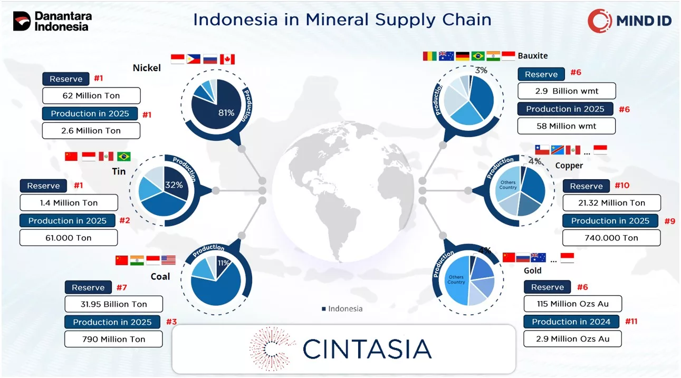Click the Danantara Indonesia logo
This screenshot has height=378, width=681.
(x=52, y=21)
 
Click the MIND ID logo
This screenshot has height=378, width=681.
(x=629, y=21)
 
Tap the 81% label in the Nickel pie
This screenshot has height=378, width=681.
(x=226, y=113)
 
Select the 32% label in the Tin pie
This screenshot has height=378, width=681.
(x=174, y=185)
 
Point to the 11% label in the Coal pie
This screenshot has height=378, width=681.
(x=224, y=263)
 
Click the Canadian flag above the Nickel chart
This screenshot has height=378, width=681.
(x=227, y=59)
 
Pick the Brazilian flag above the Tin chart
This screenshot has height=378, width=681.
(x=124, y=156)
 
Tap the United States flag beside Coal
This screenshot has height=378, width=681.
(x=168, y=260)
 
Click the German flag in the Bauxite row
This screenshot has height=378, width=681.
(x=463, y=56)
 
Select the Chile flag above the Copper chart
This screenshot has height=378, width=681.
(x=542, y=150)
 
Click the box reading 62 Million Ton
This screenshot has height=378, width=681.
(x=91, y=95)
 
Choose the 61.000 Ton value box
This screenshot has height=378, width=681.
(x=69, y=238)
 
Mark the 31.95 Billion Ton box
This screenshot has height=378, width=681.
(x=114, y=304)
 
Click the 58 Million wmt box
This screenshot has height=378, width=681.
(x=567, y=126)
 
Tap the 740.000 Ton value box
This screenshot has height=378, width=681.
(x=611, y=238)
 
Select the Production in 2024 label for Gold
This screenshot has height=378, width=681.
(x=571, y=322)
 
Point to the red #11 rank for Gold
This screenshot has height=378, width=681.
(x=631, y=321)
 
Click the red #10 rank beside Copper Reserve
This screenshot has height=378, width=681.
(x=622, y=186)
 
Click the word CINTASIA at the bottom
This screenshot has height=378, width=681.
(x=367, y=349)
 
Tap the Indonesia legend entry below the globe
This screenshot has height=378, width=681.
(x=342, y=309)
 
